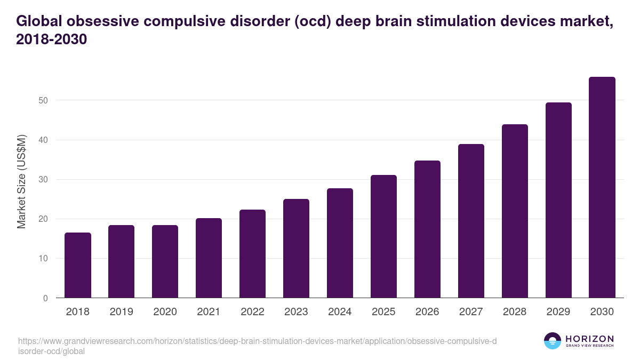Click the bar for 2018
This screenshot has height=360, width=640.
pos(78,265)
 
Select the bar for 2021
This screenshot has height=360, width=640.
pos(209,258)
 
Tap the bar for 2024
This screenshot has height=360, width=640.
pos(340,243)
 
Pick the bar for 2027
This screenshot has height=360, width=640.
pos(471,221)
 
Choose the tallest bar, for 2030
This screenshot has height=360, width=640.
pos(602,187)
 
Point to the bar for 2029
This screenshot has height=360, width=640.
pos(558,200)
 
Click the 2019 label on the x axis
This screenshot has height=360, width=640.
pos(122,312)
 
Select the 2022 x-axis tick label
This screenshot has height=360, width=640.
pos(253,312)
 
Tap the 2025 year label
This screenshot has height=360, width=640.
pos(384,312)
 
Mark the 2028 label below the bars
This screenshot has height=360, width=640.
pos(515,312)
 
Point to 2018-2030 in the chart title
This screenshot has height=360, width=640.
pos(51,39)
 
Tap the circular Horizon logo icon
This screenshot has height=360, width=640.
pos(553,341)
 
